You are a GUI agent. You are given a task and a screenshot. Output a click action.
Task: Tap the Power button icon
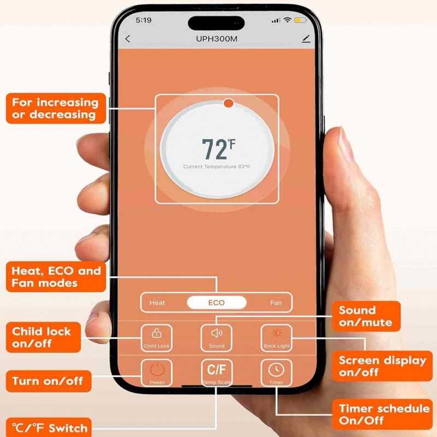157,371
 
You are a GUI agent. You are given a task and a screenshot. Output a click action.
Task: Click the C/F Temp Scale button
216,371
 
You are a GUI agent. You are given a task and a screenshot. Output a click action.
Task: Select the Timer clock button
276,371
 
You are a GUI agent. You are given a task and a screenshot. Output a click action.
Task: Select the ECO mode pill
216,303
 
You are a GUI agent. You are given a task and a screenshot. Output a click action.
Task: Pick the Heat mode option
157,303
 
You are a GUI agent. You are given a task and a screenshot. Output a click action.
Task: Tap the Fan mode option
276,303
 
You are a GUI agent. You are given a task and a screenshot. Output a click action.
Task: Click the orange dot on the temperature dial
228,103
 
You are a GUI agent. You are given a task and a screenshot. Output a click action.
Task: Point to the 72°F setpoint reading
217,149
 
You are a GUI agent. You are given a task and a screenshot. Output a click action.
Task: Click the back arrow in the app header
128,39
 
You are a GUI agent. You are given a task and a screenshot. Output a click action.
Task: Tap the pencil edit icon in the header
305,39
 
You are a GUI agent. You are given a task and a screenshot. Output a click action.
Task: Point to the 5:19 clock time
143,20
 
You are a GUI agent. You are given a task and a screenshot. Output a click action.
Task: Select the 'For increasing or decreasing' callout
56,108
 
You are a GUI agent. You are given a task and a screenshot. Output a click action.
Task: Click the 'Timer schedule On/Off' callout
383,415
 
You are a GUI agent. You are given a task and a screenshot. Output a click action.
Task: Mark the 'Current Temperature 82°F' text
216,167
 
